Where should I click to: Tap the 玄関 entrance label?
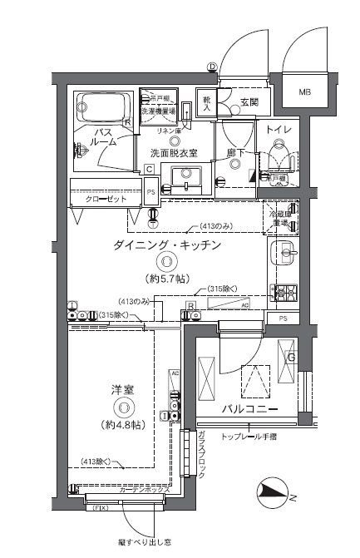249,103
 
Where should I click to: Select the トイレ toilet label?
278,130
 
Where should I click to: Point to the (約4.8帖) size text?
122,424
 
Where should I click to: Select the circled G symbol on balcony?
290,358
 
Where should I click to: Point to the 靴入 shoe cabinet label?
206,100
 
